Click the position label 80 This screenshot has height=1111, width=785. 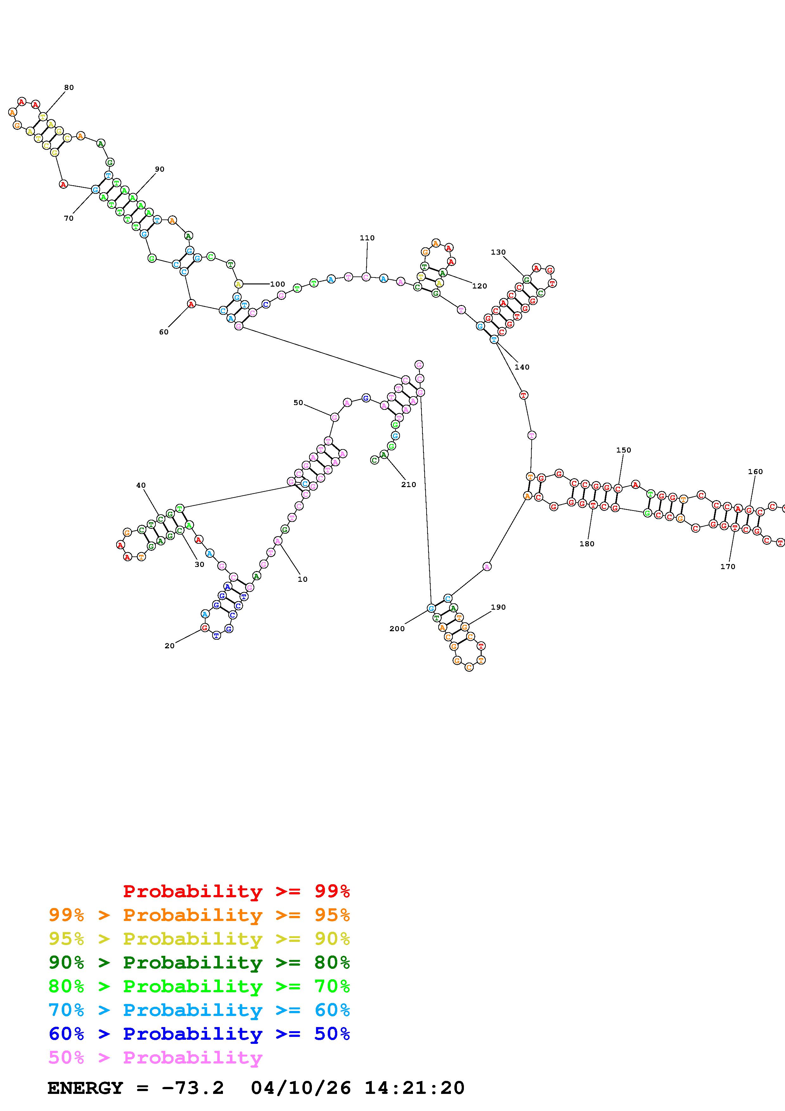(69, 88)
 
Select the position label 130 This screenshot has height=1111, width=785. (498, 252)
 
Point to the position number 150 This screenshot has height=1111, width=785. (624, 450)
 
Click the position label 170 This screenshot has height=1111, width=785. (727, 567)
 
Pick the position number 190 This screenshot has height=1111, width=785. (498, 607)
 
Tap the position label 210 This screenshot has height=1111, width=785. (409, 484)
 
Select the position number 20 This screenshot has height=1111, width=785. (169, 646)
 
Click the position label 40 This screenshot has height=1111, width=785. (141, 485)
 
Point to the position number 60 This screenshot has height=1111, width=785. (163, 332)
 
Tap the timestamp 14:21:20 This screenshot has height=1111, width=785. (415, 1088)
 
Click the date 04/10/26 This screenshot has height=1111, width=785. (301, 1088)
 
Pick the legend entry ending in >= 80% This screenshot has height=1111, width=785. (199, 962)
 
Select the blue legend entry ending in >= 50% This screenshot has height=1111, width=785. (199, 1034)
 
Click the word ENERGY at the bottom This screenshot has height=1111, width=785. (85, 1088)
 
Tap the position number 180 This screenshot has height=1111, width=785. (587, 544)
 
